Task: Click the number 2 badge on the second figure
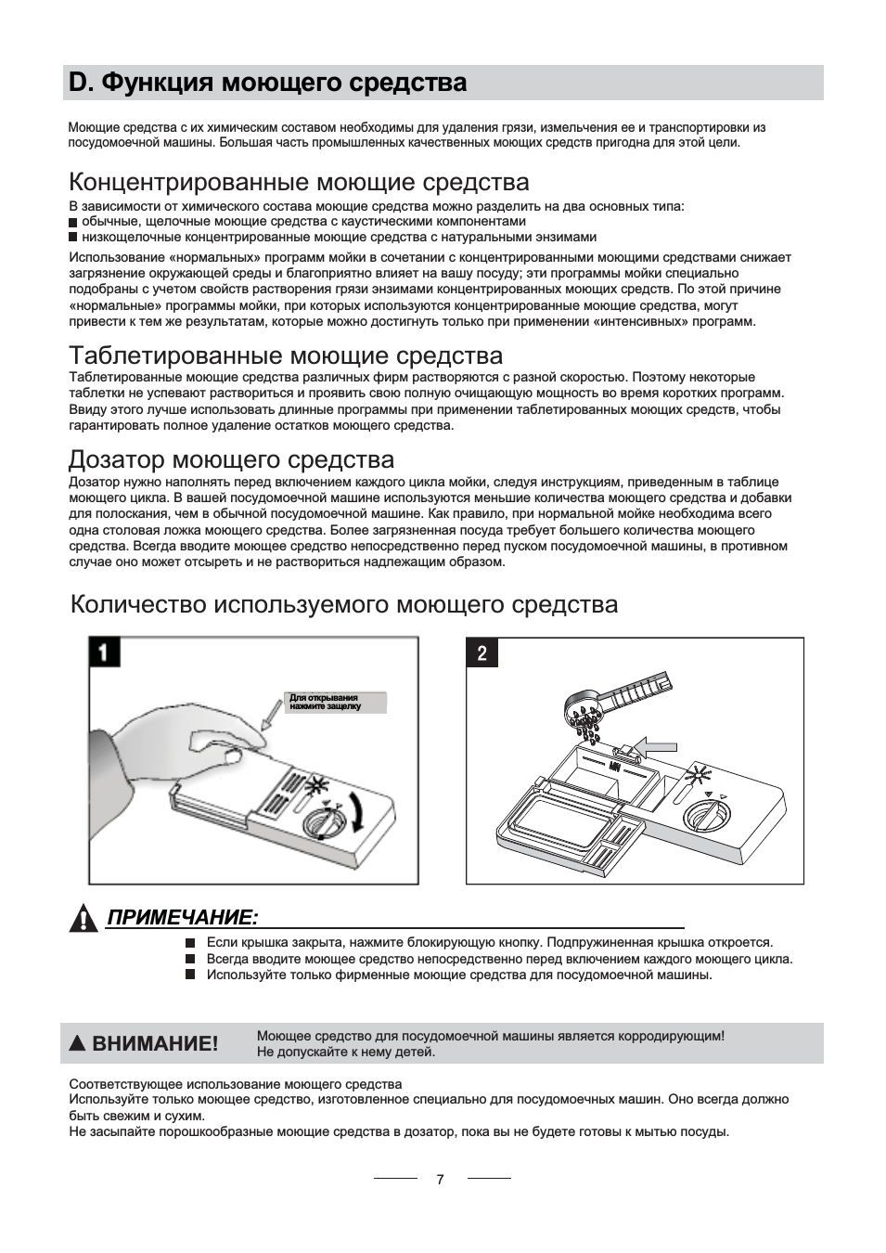[482, 653]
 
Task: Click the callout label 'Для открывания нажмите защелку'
[325, 702]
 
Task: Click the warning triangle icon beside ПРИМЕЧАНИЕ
[84, 918]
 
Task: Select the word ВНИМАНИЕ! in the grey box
[154, 1043]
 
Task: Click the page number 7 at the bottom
[440, 1179]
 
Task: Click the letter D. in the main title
[82, 84]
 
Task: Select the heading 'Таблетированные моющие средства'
[286, 355]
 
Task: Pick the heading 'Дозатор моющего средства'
[231, 459]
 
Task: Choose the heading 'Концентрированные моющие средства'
[299, 181]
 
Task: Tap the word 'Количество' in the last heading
[138, 605]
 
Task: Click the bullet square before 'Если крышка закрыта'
[189, 943]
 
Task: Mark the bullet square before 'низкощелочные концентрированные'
[74, 238]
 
